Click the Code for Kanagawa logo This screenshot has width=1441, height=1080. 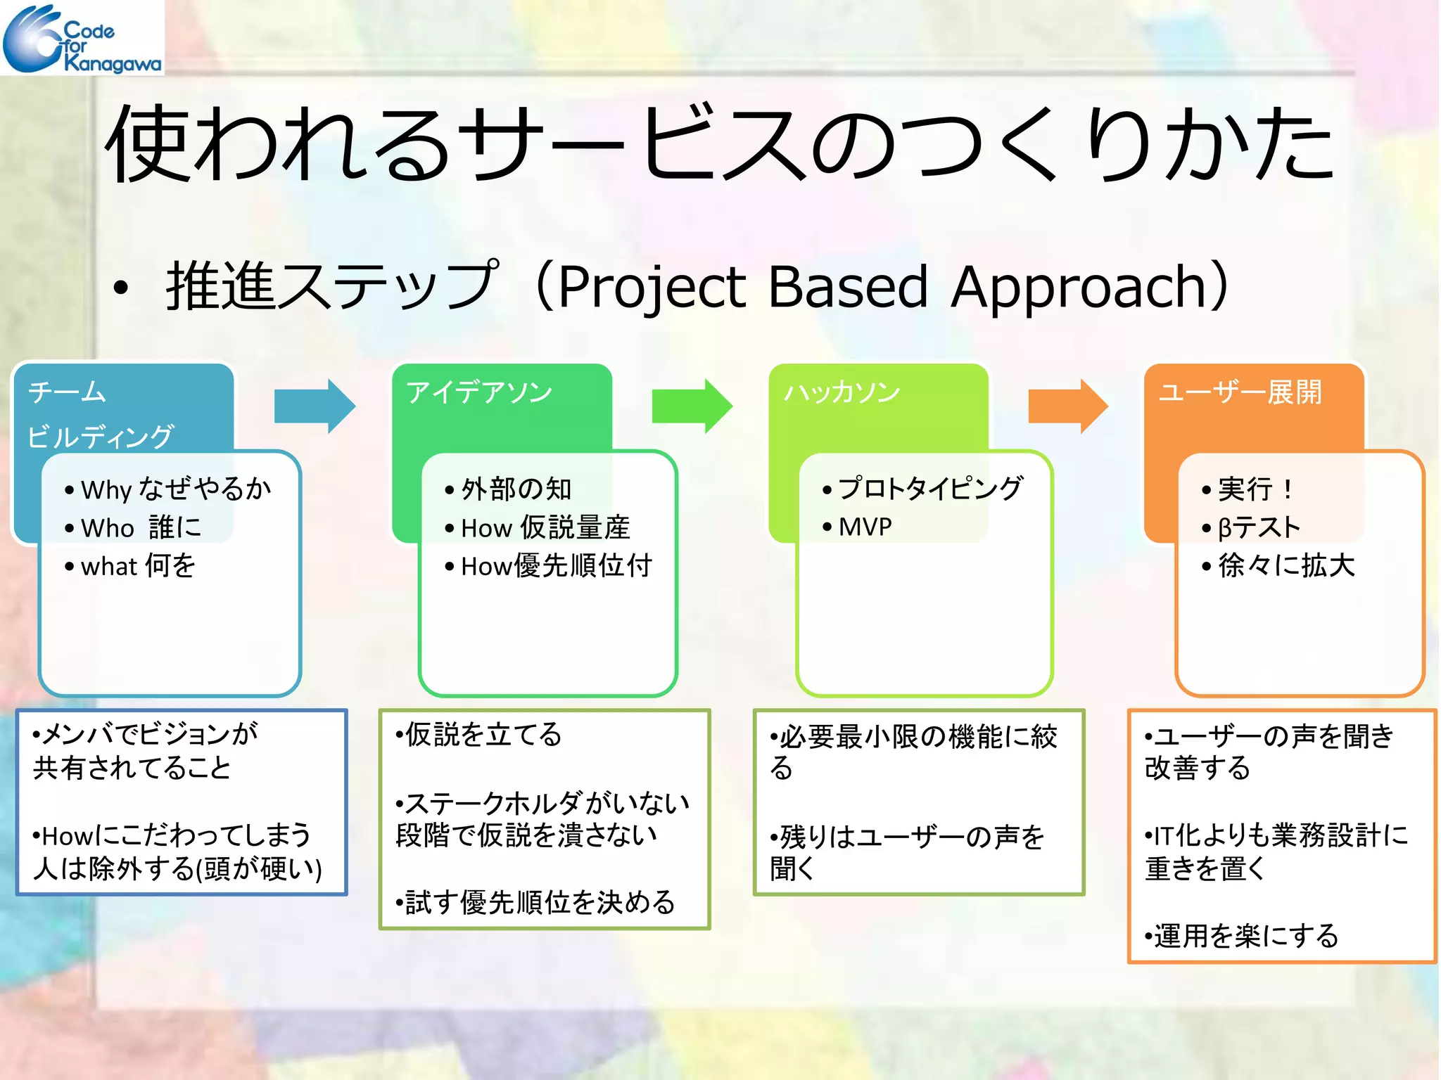click(x=82, y=38)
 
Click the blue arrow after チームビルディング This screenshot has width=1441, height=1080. click(x=314, y=406)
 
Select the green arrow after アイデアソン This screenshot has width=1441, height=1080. click(x=691, y=406)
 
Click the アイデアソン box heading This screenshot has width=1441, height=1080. click(x=479, y=392)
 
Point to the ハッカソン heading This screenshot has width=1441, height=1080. click(x=842, y=392)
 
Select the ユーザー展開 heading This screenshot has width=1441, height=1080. click(x=1240, y=392)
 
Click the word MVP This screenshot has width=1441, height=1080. click(x=865, y=527)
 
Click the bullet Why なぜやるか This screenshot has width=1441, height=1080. click(x=175, y=489)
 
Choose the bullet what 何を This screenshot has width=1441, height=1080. click(x=138, y=566)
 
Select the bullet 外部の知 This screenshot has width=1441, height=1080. click(x=516, y=489)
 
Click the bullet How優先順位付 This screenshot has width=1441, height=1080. click(x=556, y=566)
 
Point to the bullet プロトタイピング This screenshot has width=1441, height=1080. click(x=930, y=488)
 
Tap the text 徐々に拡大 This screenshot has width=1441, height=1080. click(x=1286, y=566)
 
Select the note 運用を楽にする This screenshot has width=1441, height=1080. click(x=1245, y=936)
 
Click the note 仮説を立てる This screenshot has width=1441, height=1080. click(x=483, y=735)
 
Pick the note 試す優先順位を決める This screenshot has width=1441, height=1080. click(x=539, y=903)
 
